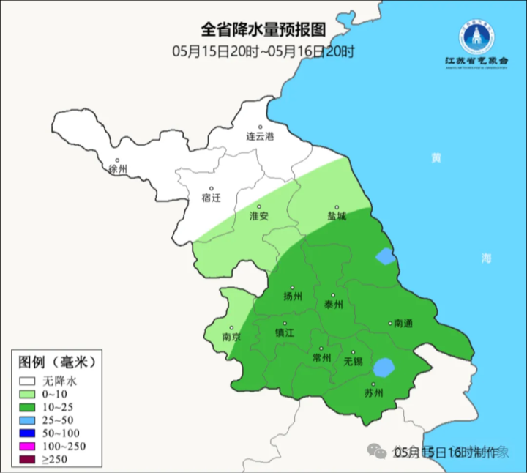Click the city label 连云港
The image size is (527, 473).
click(x=259, y=136)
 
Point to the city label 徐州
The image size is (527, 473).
click(x=118, y=169)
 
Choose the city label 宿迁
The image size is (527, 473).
click(x=211, y=198)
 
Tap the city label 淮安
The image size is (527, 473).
click(x=259, y=216)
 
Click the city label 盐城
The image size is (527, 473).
click(x=337, y=217)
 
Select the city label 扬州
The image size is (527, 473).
click(x=292, y=297)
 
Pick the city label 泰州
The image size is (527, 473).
click(x=333, y=305)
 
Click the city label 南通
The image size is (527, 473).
click(x=403, y=323)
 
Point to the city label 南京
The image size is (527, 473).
click(x=231, y=338)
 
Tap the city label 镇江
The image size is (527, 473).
click(x=285, y=332)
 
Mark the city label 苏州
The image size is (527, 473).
click(x=373, y=393)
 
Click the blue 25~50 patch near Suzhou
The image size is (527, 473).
click(x=384, y=366)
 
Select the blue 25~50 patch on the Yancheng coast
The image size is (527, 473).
click(x=384, y=256)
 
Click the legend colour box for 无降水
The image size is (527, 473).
click(x=29, y=381)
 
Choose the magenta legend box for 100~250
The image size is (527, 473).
click(x=29, y=446)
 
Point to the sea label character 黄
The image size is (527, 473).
click(x=436, y=158)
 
